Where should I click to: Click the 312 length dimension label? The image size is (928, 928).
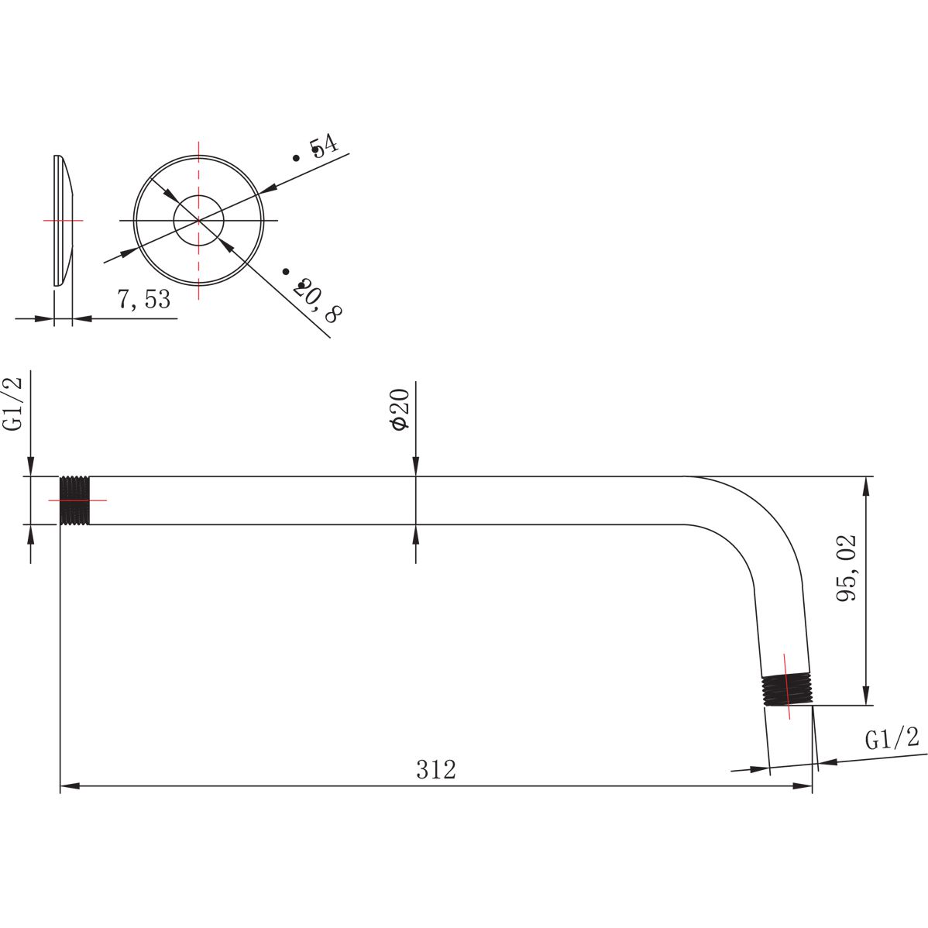pyautogui.click(x=436, y=769)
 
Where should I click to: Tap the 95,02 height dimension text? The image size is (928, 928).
pyautogui.click(x=847, y=568)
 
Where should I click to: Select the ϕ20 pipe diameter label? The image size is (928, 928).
pyautogui.click(x=400, y=410)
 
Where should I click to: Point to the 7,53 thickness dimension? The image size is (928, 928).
pyautogui.click(x=144, y=299)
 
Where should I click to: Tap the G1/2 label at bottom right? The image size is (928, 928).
pyautogui.click(x=892, y=738)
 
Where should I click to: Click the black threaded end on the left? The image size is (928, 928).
pyautogui.click(x=74, y=500)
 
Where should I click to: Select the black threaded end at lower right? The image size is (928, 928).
pyautogui.click(x=786, y=689)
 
